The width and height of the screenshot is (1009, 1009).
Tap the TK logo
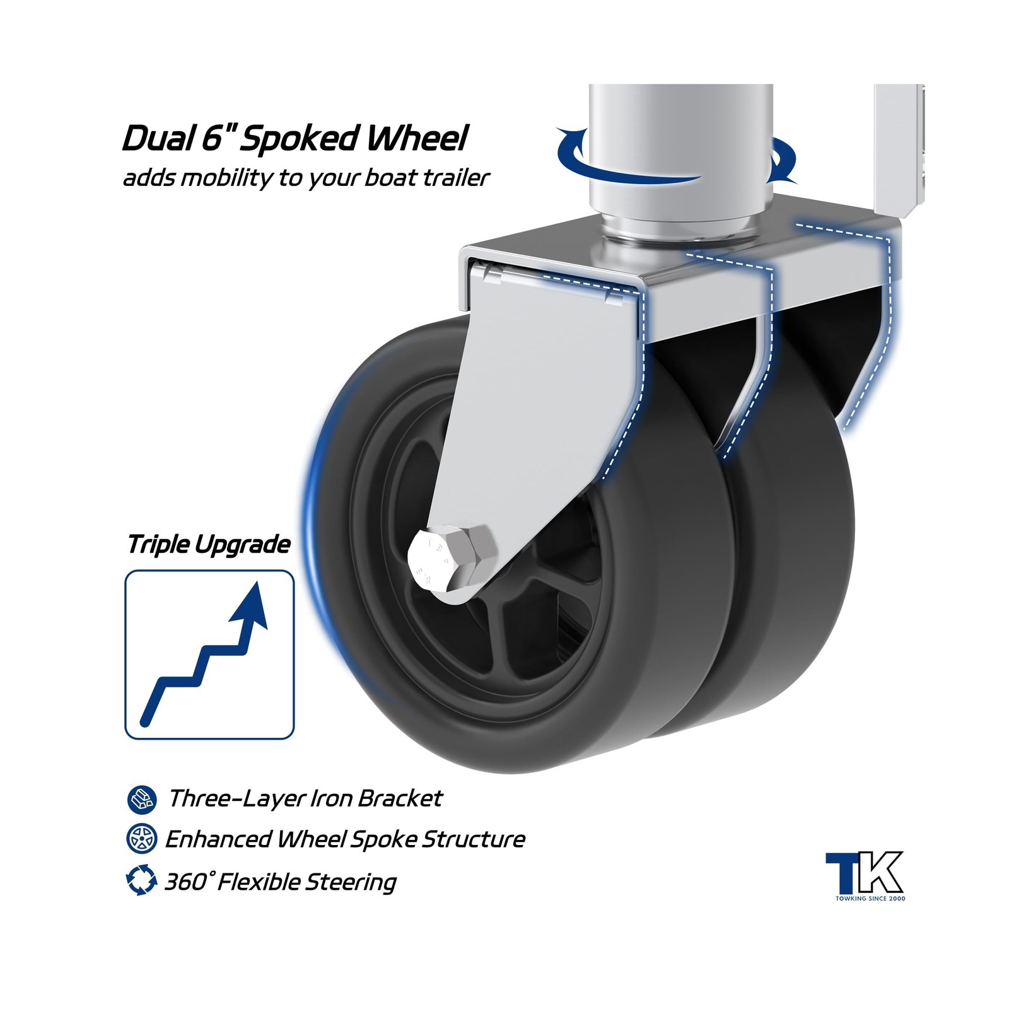[x=865, y=875]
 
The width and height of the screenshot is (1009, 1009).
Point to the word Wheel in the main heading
[x=414, y=138]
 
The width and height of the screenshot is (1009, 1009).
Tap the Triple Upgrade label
[x=209, y=544]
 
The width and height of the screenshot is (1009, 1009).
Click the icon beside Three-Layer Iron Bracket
[x=141, y=800]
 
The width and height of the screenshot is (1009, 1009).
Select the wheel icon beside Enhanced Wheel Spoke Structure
[x=141, y=839]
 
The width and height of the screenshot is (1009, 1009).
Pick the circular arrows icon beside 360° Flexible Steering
[x=141, y=880]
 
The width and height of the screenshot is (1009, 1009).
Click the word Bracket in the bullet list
[x=400, y=799]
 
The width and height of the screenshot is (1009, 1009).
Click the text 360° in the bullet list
[x=187, y=882]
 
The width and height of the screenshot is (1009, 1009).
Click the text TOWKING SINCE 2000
[x=870, y=898]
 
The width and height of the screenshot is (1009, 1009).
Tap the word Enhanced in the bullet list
[x=218, y=840]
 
